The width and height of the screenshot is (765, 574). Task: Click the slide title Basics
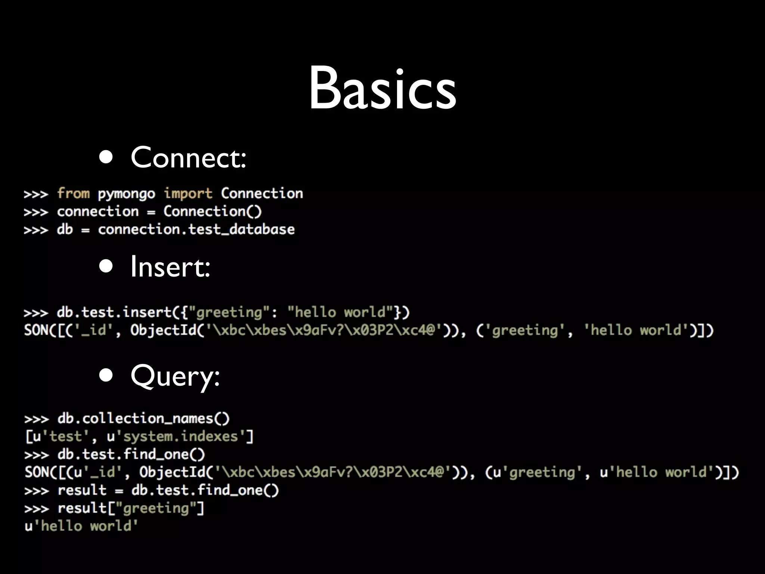click(382, 89)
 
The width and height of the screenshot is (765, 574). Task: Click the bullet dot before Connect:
click(106, 157)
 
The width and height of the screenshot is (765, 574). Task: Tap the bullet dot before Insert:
click(106, 266)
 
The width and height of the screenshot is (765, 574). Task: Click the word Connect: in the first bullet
click(188, 157)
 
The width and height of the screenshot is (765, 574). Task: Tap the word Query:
click(175, 376)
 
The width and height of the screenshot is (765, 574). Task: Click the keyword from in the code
click(73, 193)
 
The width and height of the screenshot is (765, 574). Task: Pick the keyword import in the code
click(188, 194)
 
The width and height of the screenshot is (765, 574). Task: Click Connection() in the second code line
click(213, 212)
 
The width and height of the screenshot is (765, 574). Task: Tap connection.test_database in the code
click(196, 229)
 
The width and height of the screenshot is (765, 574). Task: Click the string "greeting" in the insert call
click(229, 312)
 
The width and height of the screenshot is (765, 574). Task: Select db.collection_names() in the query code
click(143, 419)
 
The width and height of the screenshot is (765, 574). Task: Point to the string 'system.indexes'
click(180, 436)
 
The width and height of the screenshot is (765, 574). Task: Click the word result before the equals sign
click(82, 490)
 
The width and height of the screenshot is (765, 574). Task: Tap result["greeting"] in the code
click(131, 508)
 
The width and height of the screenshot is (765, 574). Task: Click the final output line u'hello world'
click(81, 526)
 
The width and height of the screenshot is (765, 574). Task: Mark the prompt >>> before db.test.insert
click(36, 312)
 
